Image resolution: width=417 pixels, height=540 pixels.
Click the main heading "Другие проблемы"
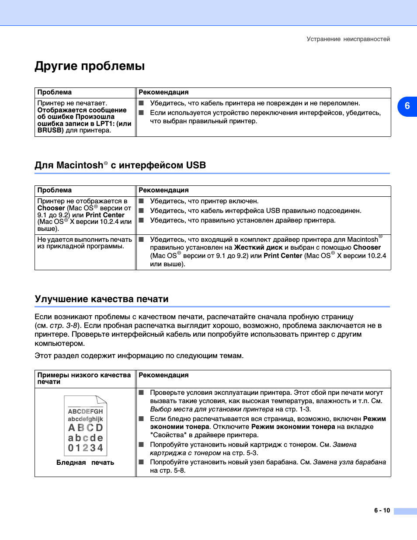pos(90,66)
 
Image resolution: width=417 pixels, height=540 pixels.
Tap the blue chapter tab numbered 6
pos(407,106)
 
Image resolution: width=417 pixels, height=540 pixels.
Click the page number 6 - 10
pos(382,510)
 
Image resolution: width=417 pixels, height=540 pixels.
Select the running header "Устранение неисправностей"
pos(348,39)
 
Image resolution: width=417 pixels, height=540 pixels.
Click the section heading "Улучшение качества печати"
pos(101,299)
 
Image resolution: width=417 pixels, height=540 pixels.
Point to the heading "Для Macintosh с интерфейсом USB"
pos(120,165)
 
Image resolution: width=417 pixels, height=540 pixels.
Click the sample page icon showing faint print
pos(85,425)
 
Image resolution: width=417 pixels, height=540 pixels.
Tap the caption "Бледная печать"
pos(85,463)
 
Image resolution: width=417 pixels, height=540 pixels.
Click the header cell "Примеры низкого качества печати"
pos(84,378)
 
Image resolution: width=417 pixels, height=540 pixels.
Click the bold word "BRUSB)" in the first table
pos(51,130)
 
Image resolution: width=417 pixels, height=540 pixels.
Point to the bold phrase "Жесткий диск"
pos(258,247)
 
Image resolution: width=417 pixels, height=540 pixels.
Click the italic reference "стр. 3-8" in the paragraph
pos(63,326)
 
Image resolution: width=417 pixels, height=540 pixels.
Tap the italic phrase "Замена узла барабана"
pos(350,462)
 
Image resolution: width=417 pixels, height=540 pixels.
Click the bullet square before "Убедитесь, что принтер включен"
pos(141,201)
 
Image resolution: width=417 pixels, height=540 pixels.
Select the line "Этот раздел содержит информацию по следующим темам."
pos(139,356)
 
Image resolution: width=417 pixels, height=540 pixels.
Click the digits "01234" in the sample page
pos(85,448)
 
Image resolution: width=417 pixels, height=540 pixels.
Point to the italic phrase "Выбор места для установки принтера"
pos(212,409)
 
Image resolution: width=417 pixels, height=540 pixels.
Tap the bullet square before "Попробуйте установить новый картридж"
pos(141,445)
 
